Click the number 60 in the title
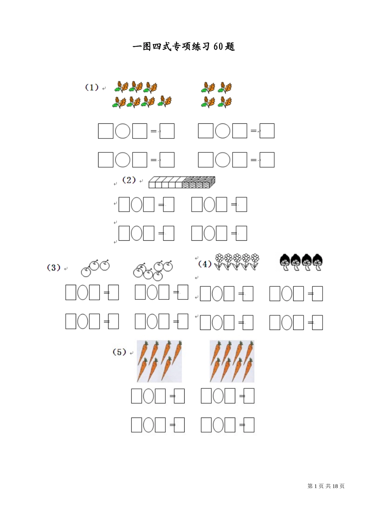(x=218, y=47)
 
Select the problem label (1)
(x=92, y=87)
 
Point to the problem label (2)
(x=129, y=180)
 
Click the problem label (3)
(x=54, y=268)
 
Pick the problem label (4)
(x=205, y=264)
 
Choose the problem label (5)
(x=119, y=352)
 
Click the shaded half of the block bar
(x=199, y=182)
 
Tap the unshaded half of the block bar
(x=165, y=182)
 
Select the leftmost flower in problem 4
(x=219, y=262)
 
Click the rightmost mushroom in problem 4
(x=318, y=262)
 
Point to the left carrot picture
(x=159, y=361)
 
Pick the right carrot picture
(x=232, y=361)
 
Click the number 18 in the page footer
(x=335, y=486)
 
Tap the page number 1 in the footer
(x=316, y=486)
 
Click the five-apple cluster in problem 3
(x=153, y=270)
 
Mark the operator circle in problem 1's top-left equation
(x=123, y=131)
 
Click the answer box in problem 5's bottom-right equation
(x=249, y=425)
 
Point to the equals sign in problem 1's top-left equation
(x=153, y=131)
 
